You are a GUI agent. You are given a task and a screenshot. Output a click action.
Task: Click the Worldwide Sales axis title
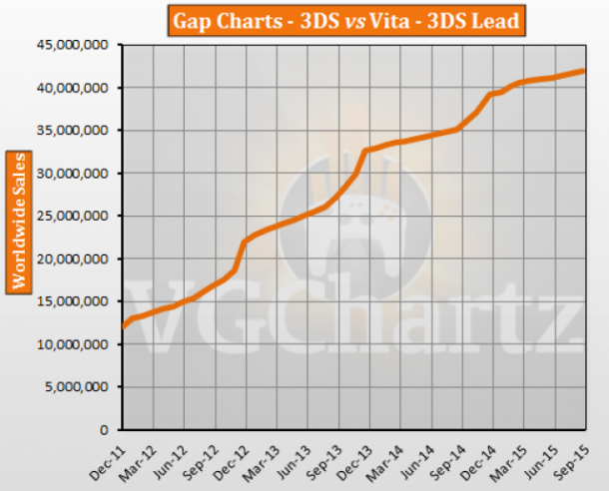pyautogui.click(x=17, y=222)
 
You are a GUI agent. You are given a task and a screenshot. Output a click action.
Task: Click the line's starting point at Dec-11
pyautogui.click(x=123, y=325)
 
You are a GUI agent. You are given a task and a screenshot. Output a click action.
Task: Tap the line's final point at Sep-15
pyautogui.click(x=584, y=71)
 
